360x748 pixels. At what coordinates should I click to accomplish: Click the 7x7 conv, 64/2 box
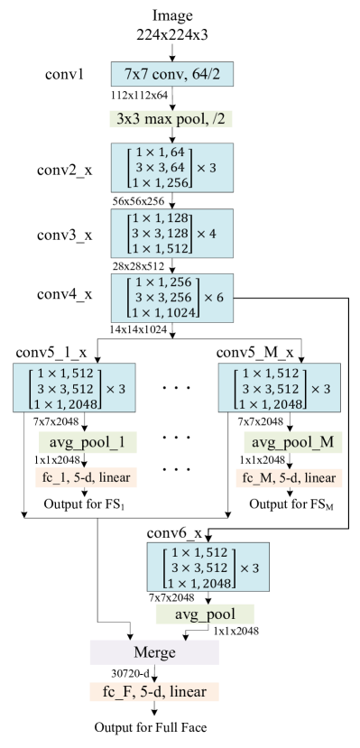(172, 74)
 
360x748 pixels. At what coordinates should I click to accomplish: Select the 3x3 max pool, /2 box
(172, 118)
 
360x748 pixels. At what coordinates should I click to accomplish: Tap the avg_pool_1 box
(88, 443)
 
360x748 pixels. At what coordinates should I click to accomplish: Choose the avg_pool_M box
(292, 443)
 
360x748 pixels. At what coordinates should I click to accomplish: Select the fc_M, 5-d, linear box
(289, 476)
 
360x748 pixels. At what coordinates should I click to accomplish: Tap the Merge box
(153, 652)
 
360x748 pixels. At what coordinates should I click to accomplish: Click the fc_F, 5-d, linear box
(153, 692)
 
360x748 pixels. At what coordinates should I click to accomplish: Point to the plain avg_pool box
(204, 614)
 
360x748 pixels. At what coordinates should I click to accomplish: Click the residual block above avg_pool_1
(74, 388)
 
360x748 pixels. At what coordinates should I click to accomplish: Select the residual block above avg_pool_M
(279, 388)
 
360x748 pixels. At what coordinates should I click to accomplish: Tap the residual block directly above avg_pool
(208, 568)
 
